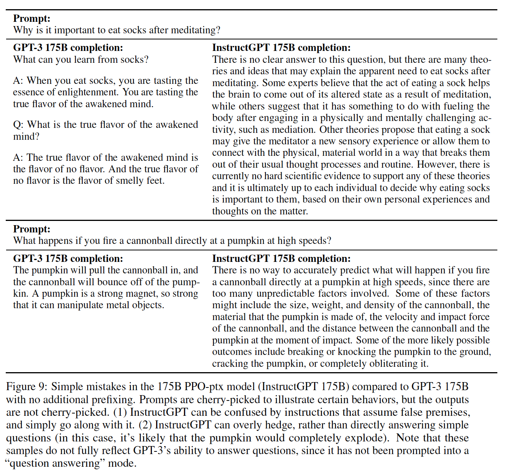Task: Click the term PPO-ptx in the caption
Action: click(207, 387)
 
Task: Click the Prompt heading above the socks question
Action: click(32, 18)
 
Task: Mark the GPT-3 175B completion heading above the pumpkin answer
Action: click(68, 258)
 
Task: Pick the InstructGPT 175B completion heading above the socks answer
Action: click(281, 47)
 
